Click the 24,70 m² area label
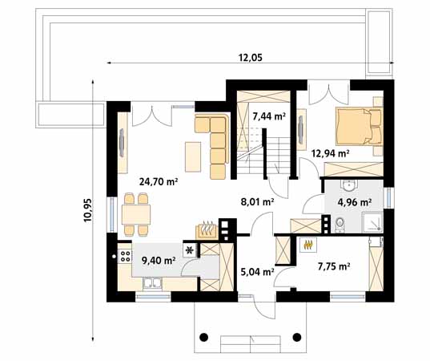[158, 182]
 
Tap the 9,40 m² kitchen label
[158, 258]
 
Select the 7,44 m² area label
[269, 116]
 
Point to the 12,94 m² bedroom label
[331, 152]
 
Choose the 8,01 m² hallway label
[258, 202]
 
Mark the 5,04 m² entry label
[257, 272]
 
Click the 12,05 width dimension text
[250, 56]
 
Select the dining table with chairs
[135, 214]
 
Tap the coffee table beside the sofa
[192, 155]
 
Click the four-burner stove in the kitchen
[125, 257]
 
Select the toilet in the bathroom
[340, 223]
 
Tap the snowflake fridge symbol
[190, 250]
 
